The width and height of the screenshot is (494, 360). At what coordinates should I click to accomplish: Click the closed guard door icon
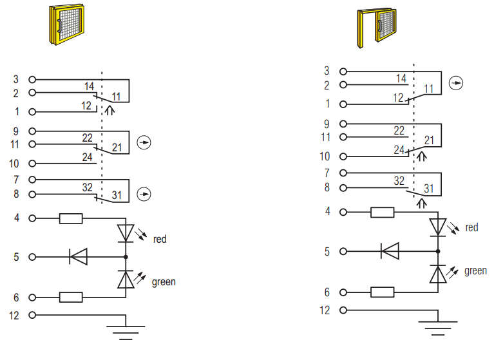tap(66, 24)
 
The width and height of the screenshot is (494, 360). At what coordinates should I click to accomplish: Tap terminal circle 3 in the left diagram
tap(32, 80)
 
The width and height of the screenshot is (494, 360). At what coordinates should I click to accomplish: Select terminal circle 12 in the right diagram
tap(343, 310)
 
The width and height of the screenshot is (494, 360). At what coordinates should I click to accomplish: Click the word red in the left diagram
tap(160, 240)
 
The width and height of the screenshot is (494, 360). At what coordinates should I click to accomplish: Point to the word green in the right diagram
tap(476, 271)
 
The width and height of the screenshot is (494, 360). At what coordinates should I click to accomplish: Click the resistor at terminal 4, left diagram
tap(71, 218)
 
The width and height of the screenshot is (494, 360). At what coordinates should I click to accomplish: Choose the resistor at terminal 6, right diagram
tap(382, 292)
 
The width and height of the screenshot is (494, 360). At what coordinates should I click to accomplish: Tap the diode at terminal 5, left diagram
tap(78, 257)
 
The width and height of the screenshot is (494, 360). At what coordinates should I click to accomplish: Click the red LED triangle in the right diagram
tap(438, 227)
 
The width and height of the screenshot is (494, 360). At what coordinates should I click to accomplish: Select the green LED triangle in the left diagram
tap(126, 279)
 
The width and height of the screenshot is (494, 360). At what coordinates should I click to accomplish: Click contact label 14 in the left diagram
tap(89, 86)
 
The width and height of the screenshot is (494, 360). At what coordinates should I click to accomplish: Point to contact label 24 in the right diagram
tap(399, 149)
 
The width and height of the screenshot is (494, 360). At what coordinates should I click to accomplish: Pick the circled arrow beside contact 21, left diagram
tap(144, 142)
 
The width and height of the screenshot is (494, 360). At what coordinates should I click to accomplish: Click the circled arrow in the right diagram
tap(456, 83)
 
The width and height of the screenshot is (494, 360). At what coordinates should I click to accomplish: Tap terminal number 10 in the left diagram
tap(14, 164)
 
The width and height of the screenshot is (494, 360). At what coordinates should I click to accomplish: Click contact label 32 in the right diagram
tap(399, 181)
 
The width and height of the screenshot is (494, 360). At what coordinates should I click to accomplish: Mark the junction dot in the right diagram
tap(438, 251)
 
